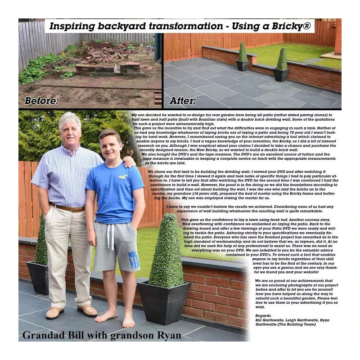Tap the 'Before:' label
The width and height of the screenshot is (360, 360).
tap(41, 101)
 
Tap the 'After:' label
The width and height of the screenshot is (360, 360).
tap(183, 101)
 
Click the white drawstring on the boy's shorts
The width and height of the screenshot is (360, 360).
tap(110, 236)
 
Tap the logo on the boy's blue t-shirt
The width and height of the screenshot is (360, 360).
tap(122, 177)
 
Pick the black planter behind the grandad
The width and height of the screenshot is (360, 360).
tap(38, 277)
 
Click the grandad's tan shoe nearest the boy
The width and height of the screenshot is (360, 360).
tap(87, 310)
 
